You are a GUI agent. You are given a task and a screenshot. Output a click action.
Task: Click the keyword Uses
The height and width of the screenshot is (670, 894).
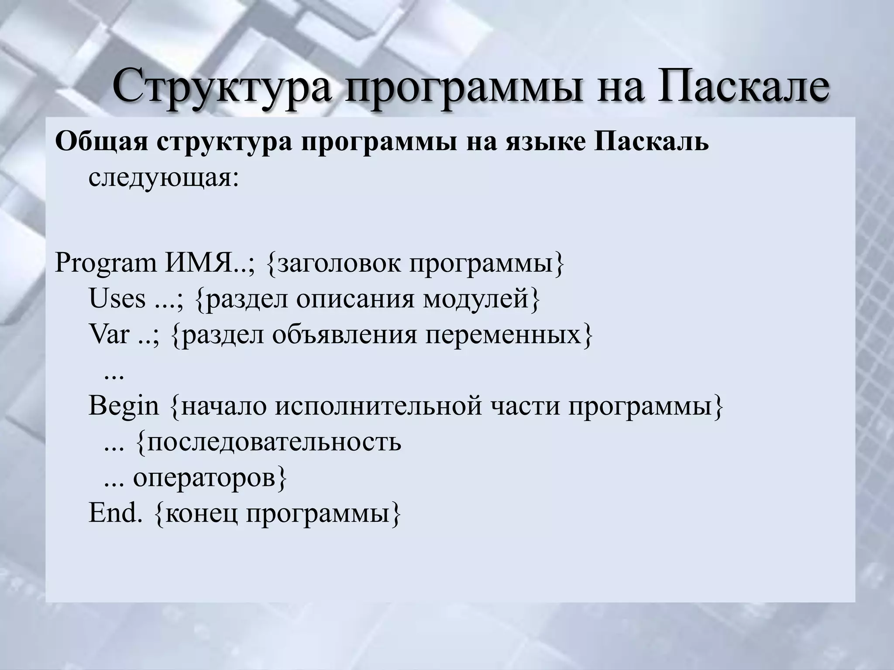coord(117,299)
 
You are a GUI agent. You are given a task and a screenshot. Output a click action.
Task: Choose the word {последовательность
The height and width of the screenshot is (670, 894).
coord(269,442)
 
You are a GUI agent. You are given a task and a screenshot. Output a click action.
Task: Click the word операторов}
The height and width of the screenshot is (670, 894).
coord(210,478)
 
